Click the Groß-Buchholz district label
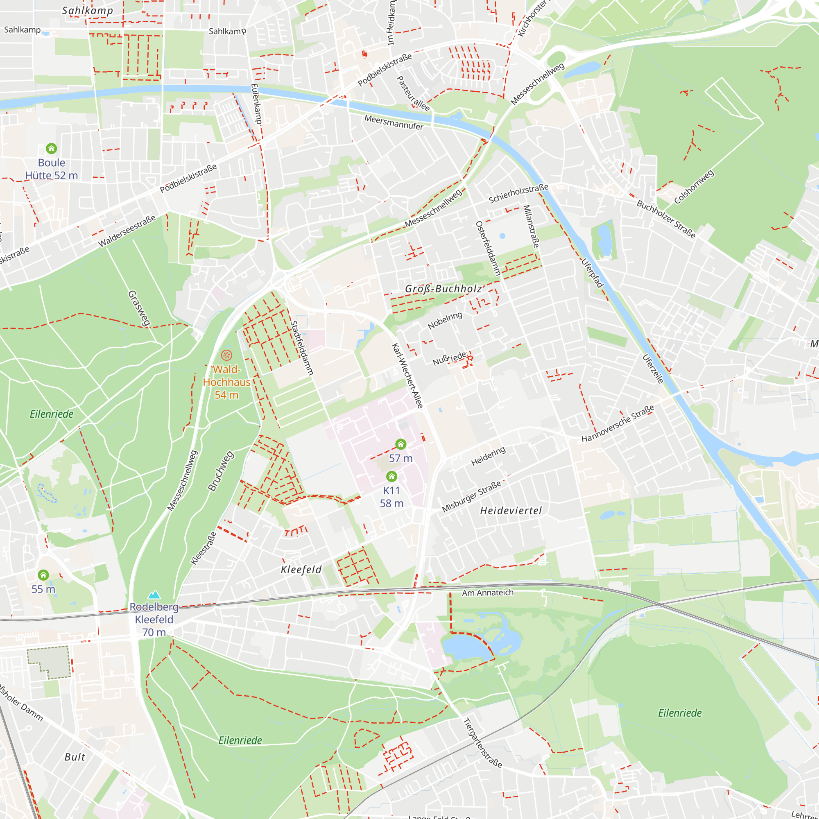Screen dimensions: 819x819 point(443,289)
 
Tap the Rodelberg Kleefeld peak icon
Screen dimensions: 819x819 point(154,595)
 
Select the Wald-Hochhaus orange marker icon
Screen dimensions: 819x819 point(226,355)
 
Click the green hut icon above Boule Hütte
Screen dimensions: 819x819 point(51,148)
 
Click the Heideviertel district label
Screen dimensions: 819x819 point(511,511)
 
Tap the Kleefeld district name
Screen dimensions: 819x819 point(301,570)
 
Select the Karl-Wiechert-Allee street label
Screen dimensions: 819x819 point(407,376)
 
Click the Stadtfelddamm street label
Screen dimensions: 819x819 point(302,348)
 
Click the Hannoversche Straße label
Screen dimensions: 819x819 point(618,423)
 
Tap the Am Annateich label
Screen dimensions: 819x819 point(487,593)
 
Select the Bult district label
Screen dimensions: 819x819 point(75,757)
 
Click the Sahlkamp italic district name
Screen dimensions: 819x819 point(87,11)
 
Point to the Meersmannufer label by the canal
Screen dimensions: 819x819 point(394,122)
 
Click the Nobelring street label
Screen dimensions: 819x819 point(445,321)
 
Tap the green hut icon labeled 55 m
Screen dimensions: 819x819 point(43,575)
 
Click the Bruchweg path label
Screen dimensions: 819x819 point(220,471)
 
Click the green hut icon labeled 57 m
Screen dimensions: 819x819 point(400,444)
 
